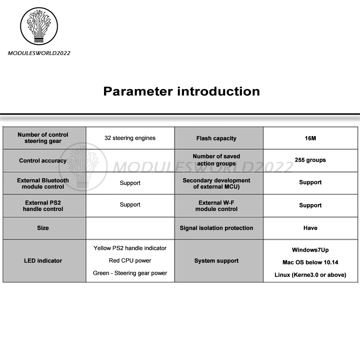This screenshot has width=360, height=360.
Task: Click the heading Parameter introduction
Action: point(181,91)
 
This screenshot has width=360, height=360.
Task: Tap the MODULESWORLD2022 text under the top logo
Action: point(39,53)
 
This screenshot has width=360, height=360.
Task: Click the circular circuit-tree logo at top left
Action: point(39,26)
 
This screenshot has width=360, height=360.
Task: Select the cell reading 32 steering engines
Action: point(130,138)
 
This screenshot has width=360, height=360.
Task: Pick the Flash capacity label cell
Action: point(216,138)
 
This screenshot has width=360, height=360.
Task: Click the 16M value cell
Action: point(310,138)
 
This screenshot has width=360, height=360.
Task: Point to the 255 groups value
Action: point(310,160)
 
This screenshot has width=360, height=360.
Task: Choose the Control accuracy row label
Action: point(43,161)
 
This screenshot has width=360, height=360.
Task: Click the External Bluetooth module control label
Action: point(43,183)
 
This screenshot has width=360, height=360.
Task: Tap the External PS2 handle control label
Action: point(43,206)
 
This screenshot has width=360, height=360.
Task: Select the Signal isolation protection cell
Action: point(216,228)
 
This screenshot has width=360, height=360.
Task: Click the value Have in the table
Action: point(310,228)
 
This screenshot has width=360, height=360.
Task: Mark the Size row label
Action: point(43,228)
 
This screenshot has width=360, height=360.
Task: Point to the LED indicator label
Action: point(43,261)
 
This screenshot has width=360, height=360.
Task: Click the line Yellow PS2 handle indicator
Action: point(130,248)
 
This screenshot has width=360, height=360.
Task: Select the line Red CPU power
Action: point(130,260)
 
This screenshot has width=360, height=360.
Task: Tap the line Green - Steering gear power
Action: point(130,273)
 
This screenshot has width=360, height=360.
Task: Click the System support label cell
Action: point(216,261)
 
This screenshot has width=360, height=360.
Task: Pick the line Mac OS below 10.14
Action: point(310,262)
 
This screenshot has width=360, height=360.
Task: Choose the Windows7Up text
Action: point(310,250)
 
